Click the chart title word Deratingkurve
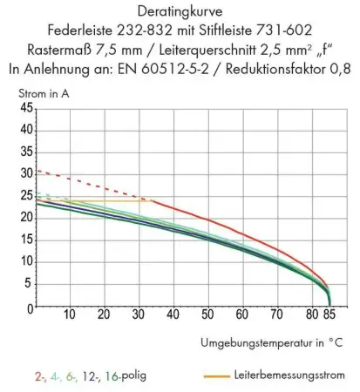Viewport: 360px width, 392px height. tap(180, 12)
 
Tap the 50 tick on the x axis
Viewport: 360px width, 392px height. tap(207, 314)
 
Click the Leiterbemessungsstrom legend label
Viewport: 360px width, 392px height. tap(286, 376)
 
